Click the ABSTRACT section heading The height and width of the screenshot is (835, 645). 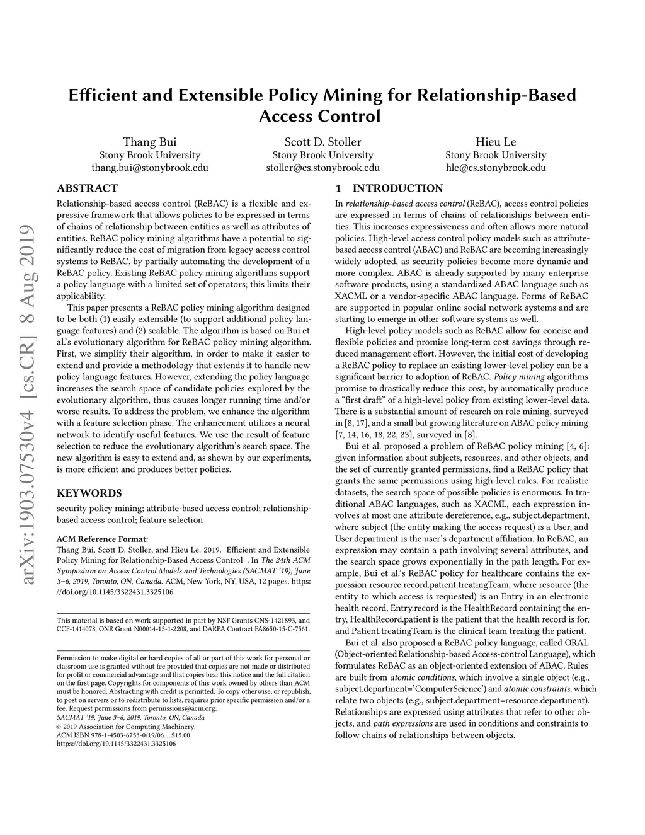pyautogui.click(x=87, y=188)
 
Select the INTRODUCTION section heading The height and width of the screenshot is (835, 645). pyautogui.click(x=397, y=188)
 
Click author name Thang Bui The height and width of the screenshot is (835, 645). pyautogui.click(x=149, y=142)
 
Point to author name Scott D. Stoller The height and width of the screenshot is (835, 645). pyautogui.click(x=322, y=142)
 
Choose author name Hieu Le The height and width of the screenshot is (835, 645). pyautogui.click(x=496, y=142)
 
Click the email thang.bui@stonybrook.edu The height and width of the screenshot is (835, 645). pyautogui.click(x=149, y=168)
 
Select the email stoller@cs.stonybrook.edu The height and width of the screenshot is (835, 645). pyautogui.click(x=322, y=168)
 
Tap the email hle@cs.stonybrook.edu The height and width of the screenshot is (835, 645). pyautogui.click(x=496, y=168)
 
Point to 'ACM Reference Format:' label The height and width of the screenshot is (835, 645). pyautogui.click(x=102, y=539)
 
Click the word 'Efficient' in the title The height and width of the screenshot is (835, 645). pyautogui.click(x=102, y=95)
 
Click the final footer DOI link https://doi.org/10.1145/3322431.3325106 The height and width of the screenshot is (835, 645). pyautogui.click(x=116, y=744)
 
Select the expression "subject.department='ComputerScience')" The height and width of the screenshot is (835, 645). pyautogui.click(x=410, y=689)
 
